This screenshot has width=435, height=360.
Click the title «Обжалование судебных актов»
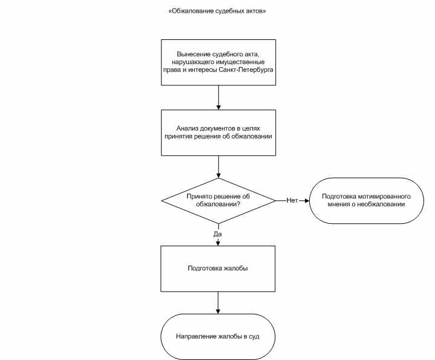217,11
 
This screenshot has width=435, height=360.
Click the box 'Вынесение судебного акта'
218,62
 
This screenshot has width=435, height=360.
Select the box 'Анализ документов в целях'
218,133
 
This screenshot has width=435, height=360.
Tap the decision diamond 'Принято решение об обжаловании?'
218,200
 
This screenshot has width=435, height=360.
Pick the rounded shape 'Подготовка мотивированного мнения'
366,200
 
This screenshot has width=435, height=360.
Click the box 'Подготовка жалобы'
218,269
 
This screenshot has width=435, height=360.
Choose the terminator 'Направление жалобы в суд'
218,336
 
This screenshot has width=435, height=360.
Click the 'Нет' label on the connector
292,200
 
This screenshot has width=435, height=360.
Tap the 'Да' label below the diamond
218,234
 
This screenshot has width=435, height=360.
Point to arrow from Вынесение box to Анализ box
218,97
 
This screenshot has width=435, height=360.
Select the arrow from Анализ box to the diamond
218,166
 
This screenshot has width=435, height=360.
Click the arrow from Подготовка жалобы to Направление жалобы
218,303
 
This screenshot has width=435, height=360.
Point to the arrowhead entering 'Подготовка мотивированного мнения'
307,200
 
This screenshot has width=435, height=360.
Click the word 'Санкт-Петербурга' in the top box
246,70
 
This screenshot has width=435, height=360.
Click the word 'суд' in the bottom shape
254,336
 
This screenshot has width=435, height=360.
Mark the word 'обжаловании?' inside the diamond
218,204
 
